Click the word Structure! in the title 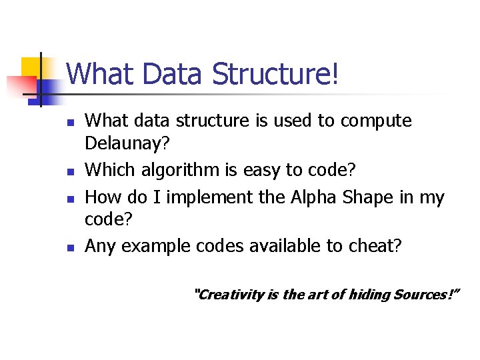pos(275,74)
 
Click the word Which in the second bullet pos(110,170)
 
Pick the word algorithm pos(175,170)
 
